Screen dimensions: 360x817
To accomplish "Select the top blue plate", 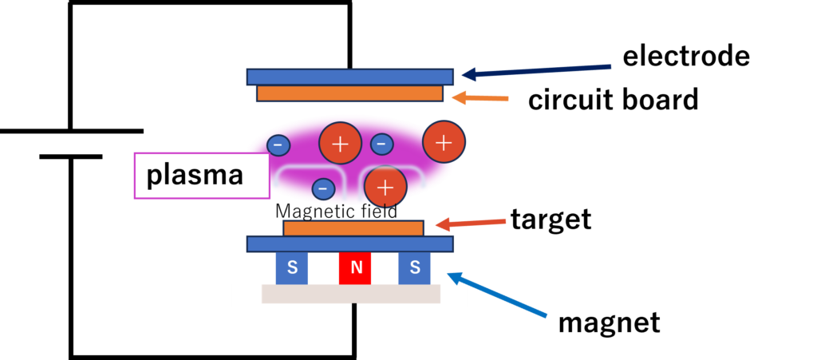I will [x=349, y=77].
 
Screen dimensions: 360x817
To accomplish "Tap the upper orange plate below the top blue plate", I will [x=349, y=93].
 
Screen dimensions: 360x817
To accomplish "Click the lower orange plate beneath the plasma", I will [x=353, y=228].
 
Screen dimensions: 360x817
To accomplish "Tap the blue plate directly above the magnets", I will [x=349, y=243].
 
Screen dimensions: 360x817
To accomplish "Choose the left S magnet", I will [x=292, y=268].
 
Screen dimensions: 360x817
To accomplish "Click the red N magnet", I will [x=356, y=269].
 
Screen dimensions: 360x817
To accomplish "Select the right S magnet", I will [x=414, y=268].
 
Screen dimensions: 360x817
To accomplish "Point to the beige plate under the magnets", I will [x=351, y=294].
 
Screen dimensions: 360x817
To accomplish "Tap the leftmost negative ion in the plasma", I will [x=278, y=145].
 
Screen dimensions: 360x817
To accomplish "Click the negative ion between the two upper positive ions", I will [x=381, y=144].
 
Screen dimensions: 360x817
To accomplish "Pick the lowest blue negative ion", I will [x=322, y=188].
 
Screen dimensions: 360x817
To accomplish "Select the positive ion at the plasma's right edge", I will [x=444, y=142].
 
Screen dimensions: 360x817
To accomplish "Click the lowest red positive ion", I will [x=385, y=187].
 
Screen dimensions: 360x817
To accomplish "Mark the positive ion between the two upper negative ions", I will [x=340, y=144].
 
